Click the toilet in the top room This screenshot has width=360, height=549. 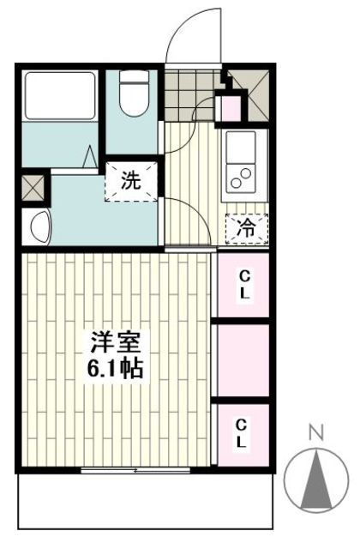(133, 94)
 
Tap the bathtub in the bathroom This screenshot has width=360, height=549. (61, 95)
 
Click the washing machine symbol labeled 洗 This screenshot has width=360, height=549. (130, 180)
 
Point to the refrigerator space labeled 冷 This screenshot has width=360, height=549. (246, 227)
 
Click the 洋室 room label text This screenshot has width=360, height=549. (117, 343)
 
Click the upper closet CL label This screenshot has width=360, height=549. (244, 285)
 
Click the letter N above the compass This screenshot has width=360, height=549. (315, 434)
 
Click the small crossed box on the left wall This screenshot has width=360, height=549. (33, 187)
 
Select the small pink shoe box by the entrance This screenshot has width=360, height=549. (231, 108)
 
